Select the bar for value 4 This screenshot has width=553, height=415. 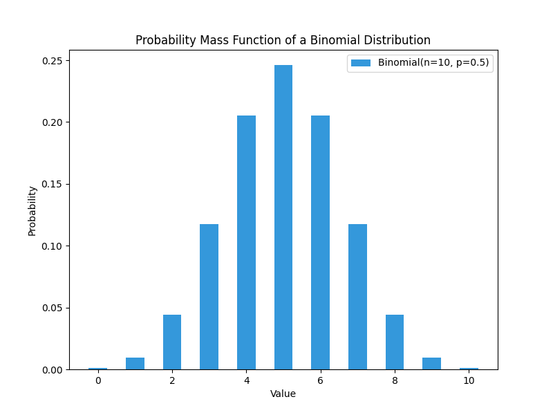(246, 242)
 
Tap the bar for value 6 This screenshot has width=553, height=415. (320, 242)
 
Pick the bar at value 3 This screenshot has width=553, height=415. (209, 297)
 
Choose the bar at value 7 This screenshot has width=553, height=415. (357, 297)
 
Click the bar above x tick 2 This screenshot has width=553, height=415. (172, 342)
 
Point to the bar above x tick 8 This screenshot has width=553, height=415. (395, 342)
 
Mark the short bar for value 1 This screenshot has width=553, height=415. (135, 363)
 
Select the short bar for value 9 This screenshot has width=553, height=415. (431, 363)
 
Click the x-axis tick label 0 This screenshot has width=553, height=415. (98, 380)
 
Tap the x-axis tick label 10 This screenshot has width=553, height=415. (469, 380)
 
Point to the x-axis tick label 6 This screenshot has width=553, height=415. (320, 380)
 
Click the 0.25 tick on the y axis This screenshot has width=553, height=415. (53, 61)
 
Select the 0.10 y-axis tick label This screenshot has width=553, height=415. (53, 246)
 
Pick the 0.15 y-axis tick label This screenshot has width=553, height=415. (53, 185)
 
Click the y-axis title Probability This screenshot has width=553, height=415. (32, 211)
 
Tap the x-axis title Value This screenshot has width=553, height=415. (283, 394)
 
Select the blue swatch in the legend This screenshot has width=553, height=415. (361, 63)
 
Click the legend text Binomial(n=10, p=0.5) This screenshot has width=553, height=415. (433, 63)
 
